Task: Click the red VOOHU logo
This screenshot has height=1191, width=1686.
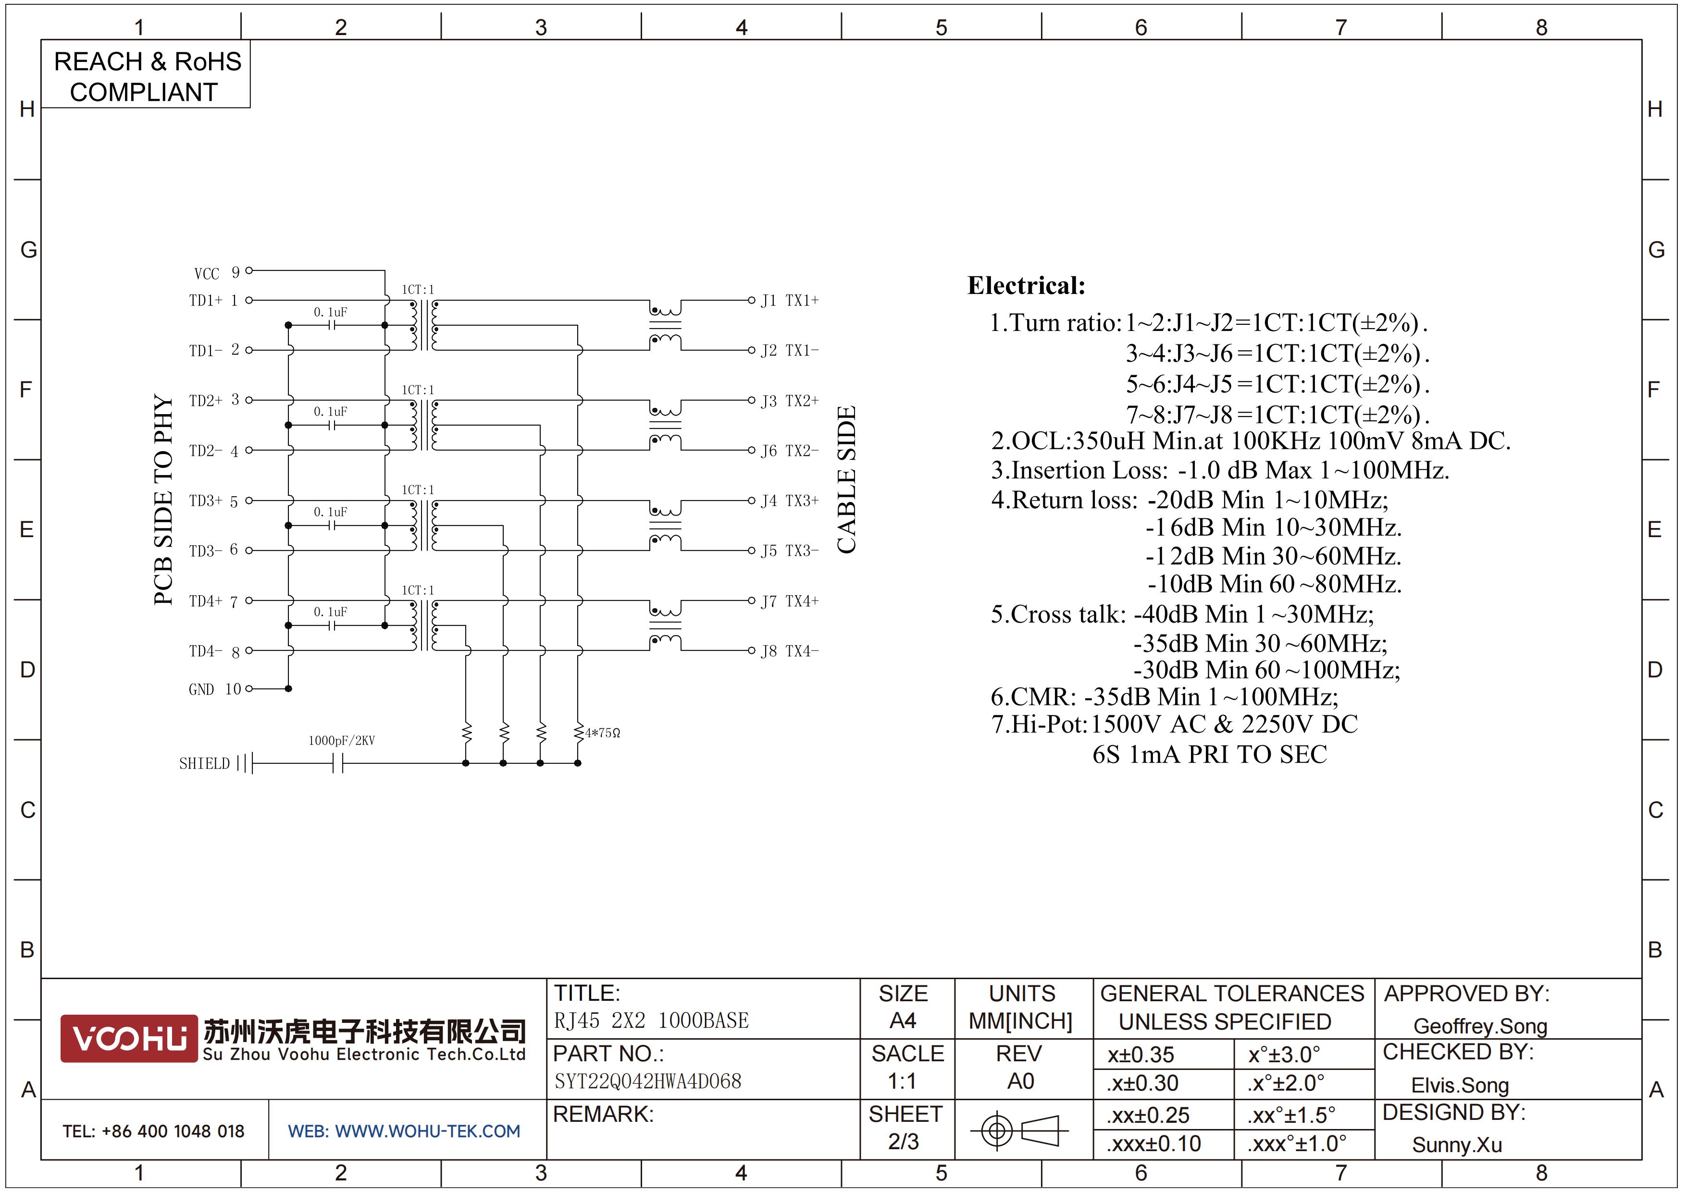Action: [x=129, y=1038]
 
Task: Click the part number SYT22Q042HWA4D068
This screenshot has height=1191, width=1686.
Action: [x=648, y=1081]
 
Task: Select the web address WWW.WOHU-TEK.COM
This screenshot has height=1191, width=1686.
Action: [x=427, y=1131]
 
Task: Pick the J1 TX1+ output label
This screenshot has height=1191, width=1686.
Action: [x=789, y=300]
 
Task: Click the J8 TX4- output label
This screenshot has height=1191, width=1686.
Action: [x=789, y=651]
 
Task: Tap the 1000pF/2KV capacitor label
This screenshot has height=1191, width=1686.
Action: [x=341, y=740]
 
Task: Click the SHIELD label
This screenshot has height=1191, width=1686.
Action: [x=204, y=763]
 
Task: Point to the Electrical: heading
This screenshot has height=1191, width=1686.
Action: [x=1026, y=285]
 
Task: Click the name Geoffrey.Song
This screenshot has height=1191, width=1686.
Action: [x=1480, y=1026]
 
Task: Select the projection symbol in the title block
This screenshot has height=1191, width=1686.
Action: [x=1019, y=1130]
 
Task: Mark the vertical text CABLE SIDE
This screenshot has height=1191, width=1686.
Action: [x=847, y=480]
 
